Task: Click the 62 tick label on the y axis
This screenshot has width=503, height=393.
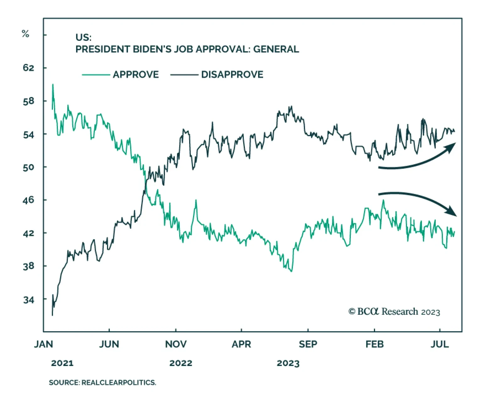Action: point(28,68)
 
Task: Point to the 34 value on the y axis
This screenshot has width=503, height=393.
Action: point(28,300)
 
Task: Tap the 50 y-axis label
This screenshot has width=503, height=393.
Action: point(28,167)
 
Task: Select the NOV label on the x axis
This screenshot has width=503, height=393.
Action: point(176,344)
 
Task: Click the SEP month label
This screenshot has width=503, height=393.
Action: point(308,344)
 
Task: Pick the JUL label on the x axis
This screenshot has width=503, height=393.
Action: point(439,344)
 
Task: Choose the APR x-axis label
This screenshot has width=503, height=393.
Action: point(241,344)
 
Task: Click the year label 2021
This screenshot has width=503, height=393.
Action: point(62,363)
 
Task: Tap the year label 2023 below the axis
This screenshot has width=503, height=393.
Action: point(288,363)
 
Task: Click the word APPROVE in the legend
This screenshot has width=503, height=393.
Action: point(136,74)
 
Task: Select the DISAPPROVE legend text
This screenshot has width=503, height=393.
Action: point(232,74)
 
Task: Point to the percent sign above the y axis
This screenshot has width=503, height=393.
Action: point(25,34)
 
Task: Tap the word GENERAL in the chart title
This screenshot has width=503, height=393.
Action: point(276,49)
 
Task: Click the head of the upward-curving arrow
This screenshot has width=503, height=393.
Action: point(452,146)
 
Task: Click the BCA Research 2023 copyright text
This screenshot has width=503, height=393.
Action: point(394,312)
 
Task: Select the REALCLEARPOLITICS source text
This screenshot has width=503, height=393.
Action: point(119,383)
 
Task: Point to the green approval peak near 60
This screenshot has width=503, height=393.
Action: point(53,85)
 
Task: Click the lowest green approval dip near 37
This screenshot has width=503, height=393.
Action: point(291,271)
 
